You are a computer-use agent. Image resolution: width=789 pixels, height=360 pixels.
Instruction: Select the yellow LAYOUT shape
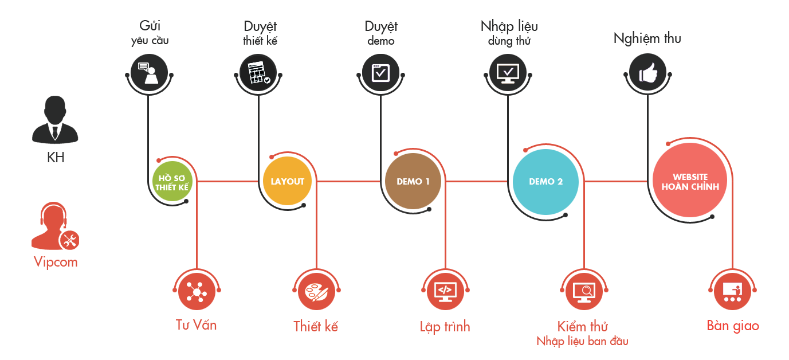[287, 182]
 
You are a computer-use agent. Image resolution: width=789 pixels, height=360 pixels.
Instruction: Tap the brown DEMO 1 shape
[413, 182]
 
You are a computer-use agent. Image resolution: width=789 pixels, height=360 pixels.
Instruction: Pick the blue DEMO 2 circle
[545, 182]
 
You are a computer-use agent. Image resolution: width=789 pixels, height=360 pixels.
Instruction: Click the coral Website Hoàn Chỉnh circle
[690, 182]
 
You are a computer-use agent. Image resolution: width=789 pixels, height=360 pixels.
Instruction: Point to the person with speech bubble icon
[148, 73]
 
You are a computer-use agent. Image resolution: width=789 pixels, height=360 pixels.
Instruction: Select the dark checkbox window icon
[381, 73]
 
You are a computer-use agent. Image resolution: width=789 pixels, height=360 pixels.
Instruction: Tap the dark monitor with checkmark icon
[508, 73]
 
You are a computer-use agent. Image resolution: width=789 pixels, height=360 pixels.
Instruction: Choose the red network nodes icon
[197, 293]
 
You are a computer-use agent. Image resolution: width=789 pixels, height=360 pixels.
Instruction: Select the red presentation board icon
[732, 293]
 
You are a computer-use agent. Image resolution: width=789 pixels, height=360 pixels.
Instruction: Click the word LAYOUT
[287, 182]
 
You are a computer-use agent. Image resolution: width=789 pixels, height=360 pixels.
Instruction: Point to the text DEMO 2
[545, 182]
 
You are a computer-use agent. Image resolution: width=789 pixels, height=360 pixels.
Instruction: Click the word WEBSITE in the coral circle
[690, 177]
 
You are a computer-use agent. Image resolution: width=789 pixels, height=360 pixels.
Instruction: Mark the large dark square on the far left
[55, 120]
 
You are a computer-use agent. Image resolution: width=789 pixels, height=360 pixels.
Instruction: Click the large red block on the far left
[55, 226]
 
